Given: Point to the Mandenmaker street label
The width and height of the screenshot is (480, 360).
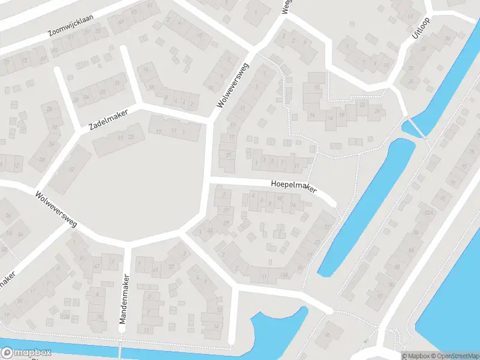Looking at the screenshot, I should click(x=125, y=299).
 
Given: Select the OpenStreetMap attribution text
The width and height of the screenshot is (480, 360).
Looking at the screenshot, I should click(x=447, y=356).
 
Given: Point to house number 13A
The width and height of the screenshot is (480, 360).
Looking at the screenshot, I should click(x=284, y=275).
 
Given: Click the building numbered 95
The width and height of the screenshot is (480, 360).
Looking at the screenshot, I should click(x=55, y=50).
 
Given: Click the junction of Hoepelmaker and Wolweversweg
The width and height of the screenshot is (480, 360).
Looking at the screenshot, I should click(x=208, y=181).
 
